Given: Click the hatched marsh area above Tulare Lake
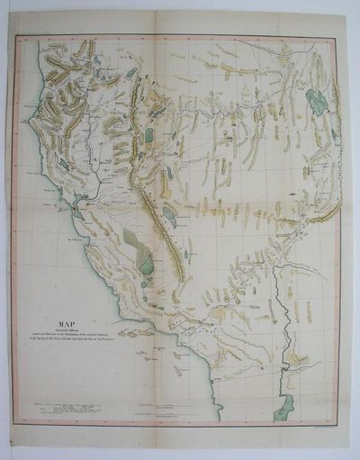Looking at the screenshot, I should click(x=135, y=243).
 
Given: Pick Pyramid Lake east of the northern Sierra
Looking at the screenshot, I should click(x=148, y=135).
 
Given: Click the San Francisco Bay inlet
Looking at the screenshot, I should click(x=77, y=214).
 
